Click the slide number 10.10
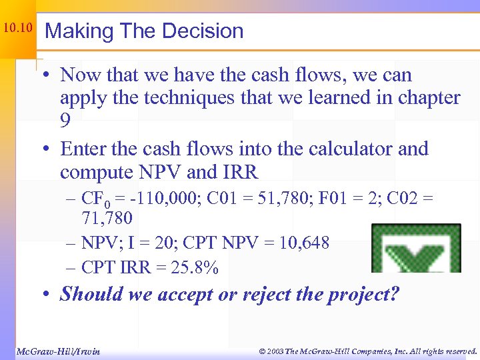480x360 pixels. (x=17, y=28)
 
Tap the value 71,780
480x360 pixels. (x=107, y=218)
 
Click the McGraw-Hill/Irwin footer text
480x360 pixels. (x=57, y=351)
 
